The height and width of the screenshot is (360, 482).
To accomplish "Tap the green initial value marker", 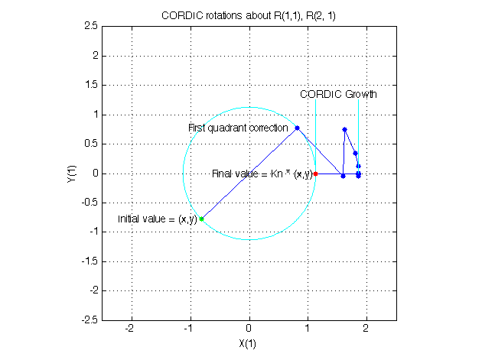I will coord(201,219).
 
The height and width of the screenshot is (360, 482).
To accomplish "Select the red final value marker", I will coord(315,174).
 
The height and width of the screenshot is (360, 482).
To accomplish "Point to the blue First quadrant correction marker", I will coord(297,128).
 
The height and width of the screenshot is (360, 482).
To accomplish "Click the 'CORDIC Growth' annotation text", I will coord(338,95).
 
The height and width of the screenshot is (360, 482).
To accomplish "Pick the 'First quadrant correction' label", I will coord(238,128).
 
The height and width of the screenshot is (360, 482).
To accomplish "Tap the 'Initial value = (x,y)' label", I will coord(156,219).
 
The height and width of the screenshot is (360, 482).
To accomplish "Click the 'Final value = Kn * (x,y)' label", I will coord(262,174).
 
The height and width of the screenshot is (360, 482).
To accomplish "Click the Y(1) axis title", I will coord(72,173).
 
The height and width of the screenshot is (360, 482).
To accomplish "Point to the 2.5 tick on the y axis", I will coord(90,26).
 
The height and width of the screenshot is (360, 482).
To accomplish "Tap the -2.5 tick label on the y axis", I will coord(89,320).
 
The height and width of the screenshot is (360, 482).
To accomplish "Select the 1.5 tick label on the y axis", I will coord(90,85).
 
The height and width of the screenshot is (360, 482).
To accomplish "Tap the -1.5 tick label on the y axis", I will coord(89,261).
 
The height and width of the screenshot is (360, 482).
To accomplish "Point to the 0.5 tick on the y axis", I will coord(90,144).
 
